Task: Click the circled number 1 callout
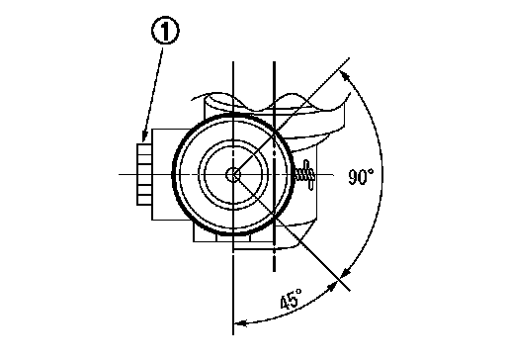(x=165, y=31)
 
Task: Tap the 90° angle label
(x=361, y=176)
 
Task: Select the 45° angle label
(x=291, y=299)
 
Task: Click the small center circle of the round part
(x=233, y=175)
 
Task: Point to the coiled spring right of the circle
(x=304, y=175)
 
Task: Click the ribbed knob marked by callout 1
(x=144, y=174)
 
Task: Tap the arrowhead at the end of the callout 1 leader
(x=144, y=136)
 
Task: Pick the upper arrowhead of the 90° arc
(x=345, y=75)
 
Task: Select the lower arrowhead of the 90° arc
(x=345, y=273)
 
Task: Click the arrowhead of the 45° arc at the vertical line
(x=240, y=322)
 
